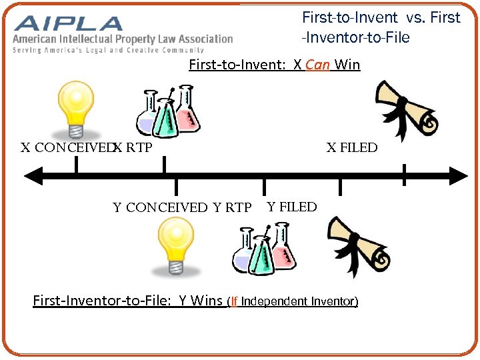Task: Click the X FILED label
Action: [x=351, y=148]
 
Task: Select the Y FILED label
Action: [x=291, y=207]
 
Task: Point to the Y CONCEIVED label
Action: [x=160, y=208]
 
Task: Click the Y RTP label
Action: [x=232, y=208]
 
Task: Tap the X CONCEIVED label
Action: [x=65, y=148]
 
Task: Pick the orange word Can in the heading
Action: [x=318, y=65]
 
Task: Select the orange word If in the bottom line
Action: [x=233, y=301]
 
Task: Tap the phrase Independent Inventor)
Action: [x=299, y=301]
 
